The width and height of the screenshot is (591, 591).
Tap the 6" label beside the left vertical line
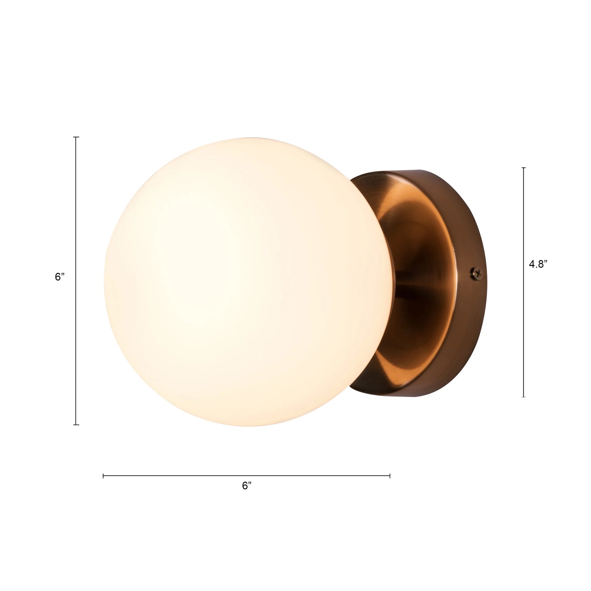(x=60, y=277)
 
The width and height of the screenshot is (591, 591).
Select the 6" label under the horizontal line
(x=247, y=486)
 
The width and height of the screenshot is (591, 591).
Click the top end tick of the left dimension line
(x=76, y=137)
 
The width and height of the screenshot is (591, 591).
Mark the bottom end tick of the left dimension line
(x=76, y=425)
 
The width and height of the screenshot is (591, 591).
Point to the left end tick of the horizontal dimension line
(x=103, y=476)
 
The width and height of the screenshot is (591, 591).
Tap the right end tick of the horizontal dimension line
(x=390, y=476)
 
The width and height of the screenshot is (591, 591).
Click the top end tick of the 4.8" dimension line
(x=524, y=168)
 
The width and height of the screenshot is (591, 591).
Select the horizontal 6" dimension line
(x=184, y=476)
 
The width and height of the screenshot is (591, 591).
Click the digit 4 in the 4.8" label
(x=532, y=264)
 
